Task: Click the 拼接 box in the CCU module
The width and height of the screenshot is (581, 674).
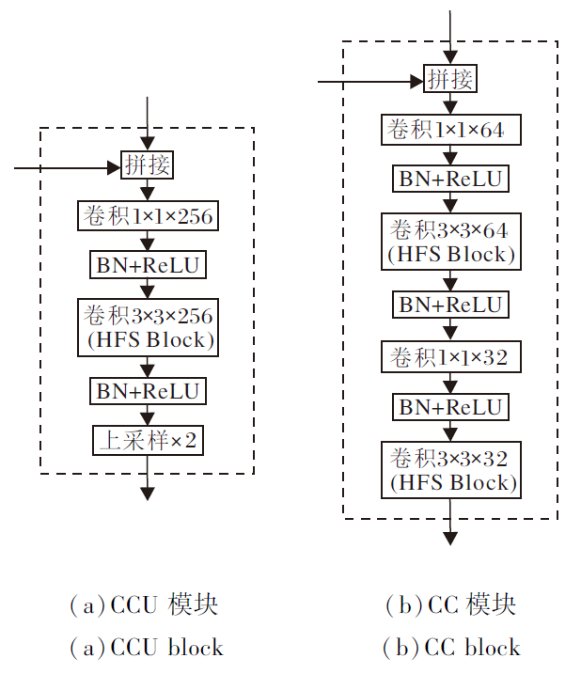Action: [x=147, y=166]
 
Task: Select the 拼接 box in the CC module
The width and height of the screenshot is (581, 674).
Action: [x=450, y=79]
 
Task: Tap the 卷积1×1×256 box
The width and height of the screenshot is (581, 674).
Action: [x=147, y=216]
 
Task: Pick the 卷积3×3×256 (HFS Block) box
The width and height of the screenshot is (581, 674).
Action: [x=147, y=326]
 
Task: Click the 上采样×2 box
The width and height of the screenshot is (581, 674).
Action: [x=147, y=439]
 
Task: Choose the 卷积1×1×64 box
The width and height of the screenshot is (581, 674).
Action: [x=450, y=129]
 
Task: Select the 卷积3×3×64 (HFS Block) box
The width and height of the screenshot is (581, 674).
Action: [x=450, y=240]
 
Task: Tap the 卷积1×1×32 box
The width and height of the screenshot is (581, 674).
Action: [x=450, y=356]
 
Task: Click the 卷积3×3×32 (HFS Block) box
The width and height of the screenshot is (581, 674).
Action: [x=450, y=470]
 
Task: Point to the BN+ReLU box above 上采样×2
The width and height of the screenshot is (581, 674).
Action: [x=147, y=390]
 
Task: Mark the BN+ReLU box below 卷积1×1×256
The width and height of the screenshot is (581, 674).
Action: [x=147, y=265]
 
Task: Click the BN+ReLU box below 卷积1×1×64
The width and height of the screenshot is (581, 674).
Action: [x=450, y=178]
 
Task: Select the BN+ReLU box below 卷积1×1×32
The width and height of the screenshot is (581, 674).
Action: [x=450, y=406]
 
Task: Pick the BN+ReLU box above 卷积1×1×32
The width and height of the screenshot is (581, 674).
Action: [x=450, y=304]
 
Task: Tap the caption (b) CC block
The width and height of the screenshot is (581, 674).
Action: [x=451, y=648]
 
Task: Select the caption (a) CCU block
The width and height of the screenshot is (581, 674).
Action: [x=147, y=648]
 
